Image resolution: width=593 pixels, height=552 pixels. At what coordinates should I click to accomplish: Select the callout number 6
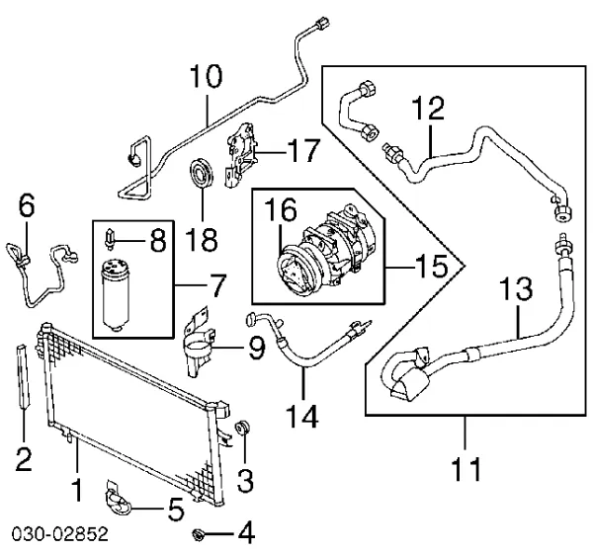pyautogui.click(x=27, y=205)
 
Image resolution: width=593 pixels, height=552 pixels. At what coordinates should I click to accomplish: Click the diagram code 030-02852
pyautogui.click(x=54, y=536)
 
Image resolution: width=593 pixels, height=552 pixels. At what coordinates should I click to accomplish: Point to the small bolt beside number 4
pyautogui.click(x=202, y=534)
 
